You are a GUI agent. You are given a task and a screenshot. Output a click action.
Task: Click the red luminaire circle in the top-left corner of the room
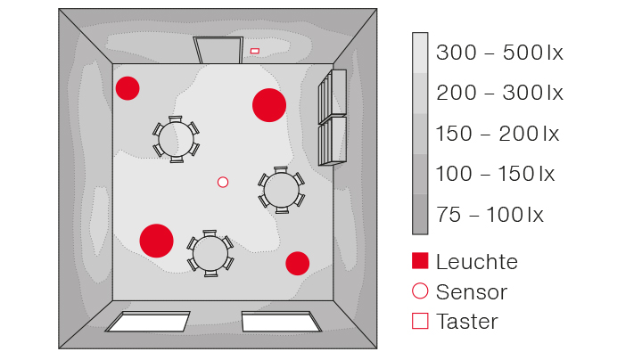128,88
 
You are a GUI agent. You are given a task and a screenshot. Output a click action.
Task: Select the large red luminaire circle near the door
268,105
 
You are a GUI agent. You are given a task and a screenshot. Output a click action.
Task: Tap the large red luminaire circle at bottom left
156,241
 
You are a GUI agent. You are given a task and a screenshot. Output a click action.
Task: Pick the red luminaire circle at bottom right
297,263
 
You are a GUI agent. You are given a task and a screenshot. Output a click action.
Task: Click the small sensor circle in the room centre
223,182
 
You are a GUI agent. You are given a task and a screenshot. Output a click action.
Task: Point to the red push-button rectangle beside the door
255,51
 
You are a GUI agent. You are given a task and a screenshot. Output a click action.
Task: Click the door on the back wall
218,50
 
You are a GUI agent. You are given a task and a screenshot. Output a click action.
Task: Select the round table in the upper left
177,139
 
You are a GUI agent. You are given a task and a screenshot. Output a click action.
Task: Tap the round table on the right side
281,190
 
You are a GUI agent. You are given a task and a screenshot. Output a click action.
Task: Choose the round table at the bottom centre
210,253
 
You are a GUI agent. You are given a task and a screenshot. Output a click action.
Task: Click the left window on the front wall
149,321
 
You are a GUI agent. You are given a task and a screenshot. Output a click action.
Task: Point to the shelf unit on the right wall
333,117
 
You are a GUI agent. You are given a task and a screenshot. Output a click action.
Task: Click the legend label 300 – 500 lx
499,53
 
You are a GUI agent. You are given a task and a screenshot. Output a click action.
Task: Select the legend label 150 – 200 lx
497,135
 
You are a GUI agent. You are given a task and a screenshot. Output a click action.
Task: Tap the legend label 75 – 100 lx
490,215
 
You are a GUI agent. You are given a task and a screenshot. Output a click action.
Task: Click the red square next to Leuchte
420,261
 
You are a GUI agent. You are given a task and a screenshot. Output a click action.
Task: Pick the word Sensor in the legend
472,291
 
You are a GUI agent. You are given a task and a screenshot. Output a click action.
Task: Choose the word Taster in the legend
467,322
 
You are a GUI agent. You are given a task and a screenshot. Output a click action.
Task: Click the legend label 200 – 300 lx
499,93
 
